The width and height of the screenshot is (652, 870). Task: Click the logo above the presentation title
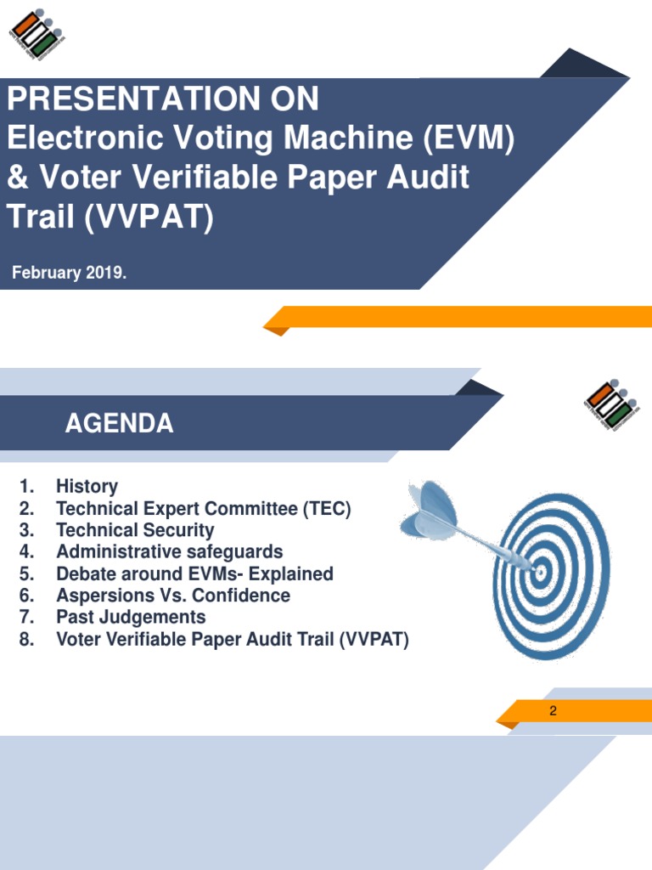click(36, 37)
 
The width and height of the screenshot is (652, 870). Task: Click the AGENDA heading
click(119, 424)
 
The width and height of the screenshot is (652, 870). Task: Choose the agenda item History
click(87, 487)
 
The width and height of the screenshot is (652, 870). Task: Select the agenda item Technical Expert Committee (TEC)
click(203, 509)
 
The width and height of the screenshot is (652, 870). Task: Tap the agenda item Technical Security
click(135, 530)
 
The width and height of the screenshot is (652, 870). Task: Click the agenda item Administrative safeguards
click(169, 552)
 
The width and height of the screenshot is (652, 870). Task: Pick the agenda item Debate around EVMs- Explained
click(194, 574)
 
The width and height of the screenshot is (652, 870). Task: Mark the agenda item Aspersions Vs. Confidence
click(172, 596)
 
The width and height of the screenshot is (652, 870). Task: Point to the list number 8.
click(26, 640)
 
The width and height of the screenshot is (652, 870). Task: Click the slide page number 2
click(553, 711)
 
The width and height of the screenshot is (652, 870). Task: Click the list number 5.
click(26, 574)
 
